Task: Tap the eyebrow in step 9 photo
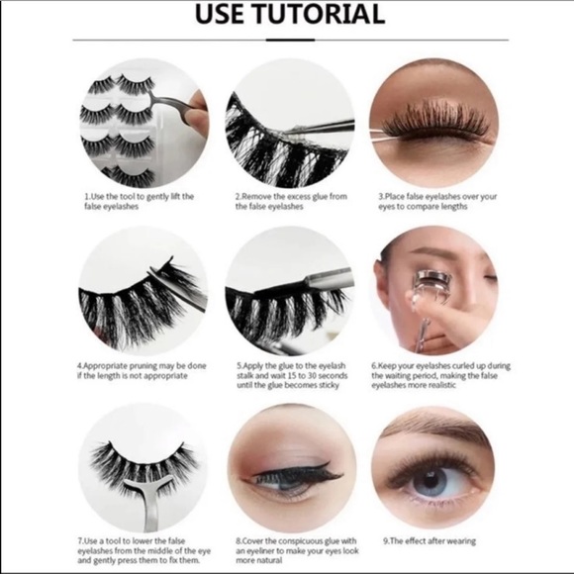435,432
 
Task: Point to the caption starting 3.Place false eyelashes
436,202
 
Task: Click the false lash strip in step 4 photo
139,297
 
